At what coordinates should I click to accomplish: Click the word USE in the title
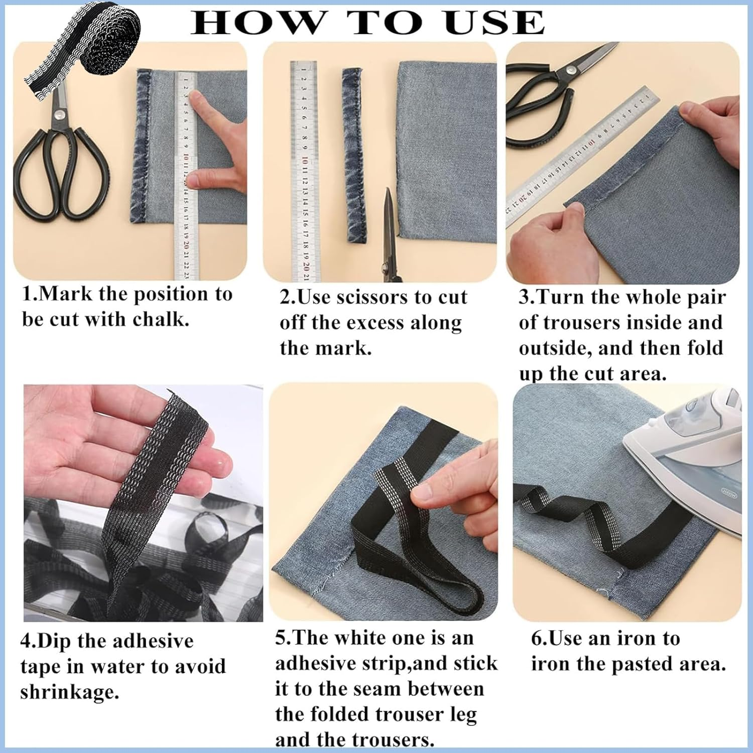494,22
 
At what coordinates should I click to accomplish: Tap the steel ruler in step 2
303,171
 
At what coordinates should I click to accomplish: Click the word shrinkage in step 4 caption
70,693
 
